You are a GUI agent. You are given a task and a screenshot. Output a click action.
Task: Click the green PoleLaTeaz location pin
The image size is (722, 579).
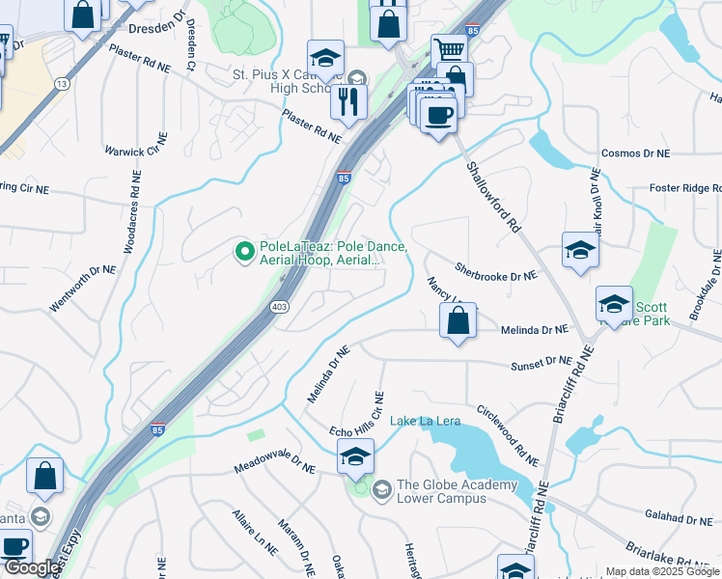(x=244, y=253)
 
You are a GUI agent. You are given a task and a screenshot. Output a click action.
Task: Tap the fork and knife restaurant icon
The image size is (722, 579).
(x=348, y=100)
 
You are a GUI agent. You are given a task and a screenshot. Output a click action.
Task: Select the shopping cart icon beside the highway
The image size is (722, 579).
(x=449, y=51)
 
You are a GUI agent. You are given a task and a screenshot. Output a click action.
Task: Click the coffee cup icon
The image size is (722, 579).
(x=438, y=115)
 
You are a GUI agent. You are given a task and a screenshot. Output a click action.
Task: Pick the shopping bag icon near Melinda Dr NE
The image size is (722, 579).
(x=458, y=321)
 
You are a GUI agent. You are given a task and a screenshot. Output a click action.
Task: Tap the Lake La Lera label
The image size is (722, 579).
(x=425, y=422)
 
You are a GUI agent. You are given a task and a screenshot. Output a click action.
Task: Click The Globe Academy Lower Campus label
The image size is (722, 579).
(x=457, y=491)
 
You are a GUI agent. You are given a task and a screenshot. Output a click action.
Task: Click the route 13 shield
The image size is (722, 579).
(x=62, y=84)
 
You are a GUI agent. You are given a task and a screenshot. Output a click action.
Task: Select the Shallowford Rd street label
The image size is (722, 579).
(x=493, y=197)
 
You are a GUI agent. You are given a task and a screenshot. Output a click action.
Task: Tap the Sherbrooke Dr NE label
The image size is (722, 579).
(x=495, y=276)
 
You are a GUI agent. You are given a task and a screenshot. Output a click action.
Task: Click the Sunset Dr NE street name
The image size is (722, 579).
(x=541, y=363)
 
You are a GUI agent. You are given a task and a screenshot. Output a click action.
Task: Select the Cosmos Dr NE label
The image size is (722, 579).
(x=634, y=153)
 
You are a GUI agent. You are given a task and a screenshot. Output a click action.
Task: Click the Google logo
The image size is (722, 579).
(x=31, y=568)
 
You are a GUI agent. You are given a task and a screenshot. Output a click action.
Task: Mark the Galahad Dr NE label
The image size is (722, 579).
(x=679, y=519)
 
